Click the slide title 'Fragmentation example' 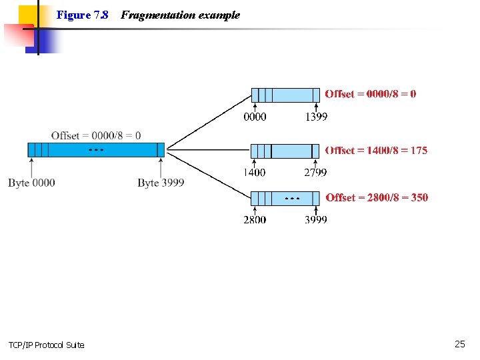(180, 15)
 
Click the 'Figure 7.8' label (82, 15)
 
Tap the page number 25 (459, 344)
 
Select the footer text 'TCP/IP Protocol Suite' (46, 345)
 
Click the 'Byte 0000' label (31, 183)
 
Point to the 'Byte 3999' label (161, 183)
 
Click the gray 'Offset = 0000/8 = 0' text (96, 135)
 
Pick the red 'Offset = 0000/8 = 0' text (371, 94)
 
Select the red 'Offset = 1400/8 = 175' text (376, 151)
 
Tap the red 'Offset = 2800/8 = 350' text (377, 197)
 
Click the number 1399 (316, 117)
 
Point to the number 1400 (254, 173)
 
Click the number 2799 (315, 173)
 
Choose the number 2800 (255, 219)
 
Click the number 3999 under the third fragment (316, 219)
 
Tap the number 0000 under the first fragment (255, 117)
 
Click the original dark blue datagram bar (96, 150)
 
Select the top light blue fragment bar (285, 95)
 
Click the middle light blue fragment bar (285, 151)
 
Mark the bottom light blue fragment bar (285, 198)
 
